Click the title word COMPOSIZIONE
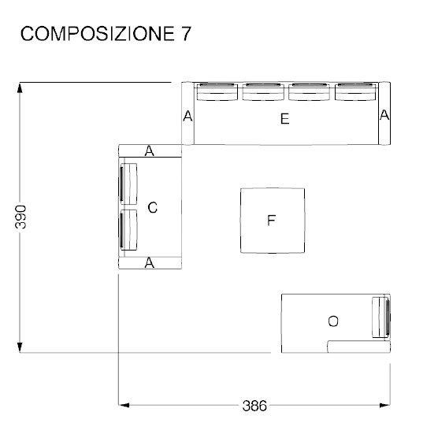coord(90,35)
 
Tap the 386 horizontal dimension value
coord(253,406)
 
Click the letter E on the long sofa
coord(284,120)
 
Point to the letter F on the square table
coord(271,221)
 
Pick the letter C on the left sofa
coord(153,208)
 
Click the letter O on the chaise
coord(333,321)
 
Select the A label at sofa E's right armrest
coord(384,115)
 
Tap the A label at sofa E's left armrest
coord(187,117)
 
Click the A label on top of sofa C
coord(149,150)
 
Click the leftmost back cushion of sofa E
coord(216,92)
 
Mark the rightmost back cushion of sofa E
coord(356,92)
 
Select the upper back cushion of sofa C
coord(128,184)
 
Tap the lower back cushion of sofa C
coord(128,230)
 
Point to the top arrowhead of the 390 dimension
coord(21,87)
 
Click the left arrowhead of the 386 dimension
coord(123,405)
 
